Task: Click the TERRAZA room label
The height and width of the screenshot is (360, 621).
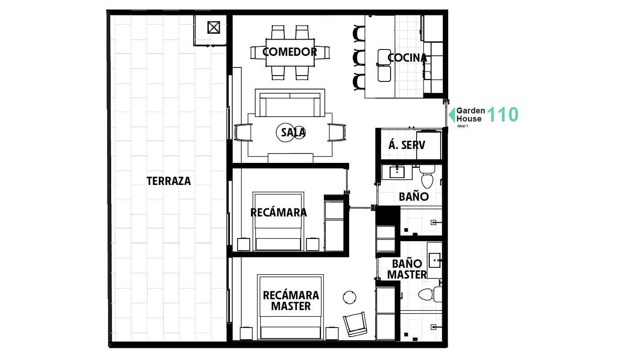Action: pyautogui.click(x=169, y=181)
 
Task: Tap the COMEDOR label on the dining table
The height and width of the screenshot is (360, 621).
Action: pyautogui.click(x=289, y=52)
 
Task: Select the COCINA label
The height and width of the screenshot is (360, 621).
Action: pyautogui.click(x=407, y=58)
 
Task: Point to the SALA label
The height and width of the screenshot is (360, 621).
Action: pyautogui.click(x=293, y=132)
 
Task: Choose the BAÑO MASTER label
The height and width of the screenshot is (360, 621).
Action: pyautogui.click(x=407, y=269)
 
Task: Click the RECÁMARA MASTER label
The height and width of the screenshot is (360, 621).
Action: pyautogui.click(x=291, y=301)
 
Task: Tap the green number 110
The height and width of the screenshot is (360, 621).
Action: pyautogui.click(x=503, y=115)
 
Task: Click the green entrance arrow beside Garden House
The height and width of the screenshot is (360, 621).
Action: pyautogui.click(x=451, y=115)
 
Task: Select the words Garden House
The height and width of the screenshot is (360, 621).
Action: pyautogui.click(x=470, y=115)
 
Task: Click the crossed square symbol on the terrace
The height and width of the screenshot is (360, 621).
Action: pyautogui.click(x=213, y=28)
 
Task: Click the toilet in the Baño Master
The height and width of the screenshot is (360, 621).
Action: pyautogui.click(x=427, y=295)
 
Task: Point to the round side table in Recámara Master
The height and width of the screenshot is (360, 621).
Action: pyautogui.click(x=350, y=297)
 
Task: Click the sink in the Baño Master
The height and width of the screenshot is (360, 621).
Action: pyautogui.click(x=434, y=259)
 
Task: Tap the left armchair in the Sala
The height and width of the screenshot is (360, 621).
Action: pyautogui.click(x=243, y=133)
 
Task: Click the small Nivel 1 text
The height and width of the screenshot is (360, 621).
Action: pyautogui.click(x=463, y=126)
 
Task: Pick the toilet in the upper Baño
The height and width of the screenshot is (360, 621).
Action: pyautogui.click(x=427, y=177)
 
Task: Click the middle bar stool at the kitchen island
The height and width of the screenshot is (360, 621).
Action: pyautogui.click(x=359, y=58)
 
